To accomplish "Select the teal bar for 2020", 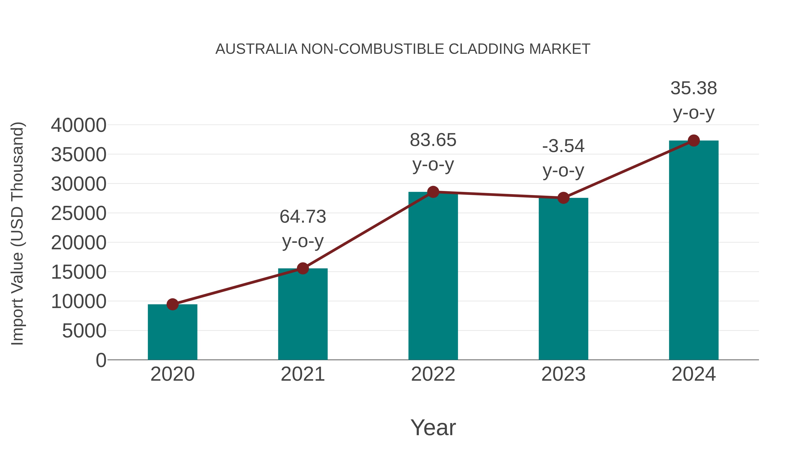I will (172, 332).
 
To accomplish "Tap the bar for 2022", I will (433, 276).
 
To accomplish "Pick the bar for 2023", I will (563, 279).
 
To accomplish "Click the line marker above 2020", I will (172, 304).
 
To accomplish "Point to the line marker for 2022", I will (433, 192).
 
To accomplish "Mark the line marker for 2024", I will (694, 141).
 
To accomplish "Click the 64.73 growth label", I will (302, 217).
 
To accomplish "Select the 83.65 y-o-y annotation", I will (433, 140).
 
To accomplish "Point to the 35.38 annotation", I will (694, 88).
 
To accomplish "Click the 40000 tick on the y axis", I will (79, 125).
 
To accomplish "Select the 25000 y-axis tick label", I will (79, 213).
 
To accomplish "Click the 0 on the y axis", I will (101, 360).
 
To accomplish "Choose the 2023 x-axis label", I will (563, 374).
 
